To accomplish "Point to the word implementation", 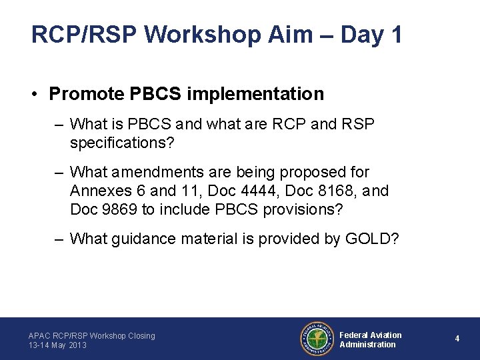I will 255,94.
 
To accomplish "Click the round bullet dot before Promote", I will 35,95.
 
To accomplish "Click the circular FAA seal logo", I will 317,339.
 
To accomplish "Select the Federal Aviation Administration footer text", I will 371,339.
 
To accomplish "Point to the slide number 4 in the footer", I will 457,339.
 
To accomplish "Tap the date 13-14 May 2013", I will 57,345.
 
